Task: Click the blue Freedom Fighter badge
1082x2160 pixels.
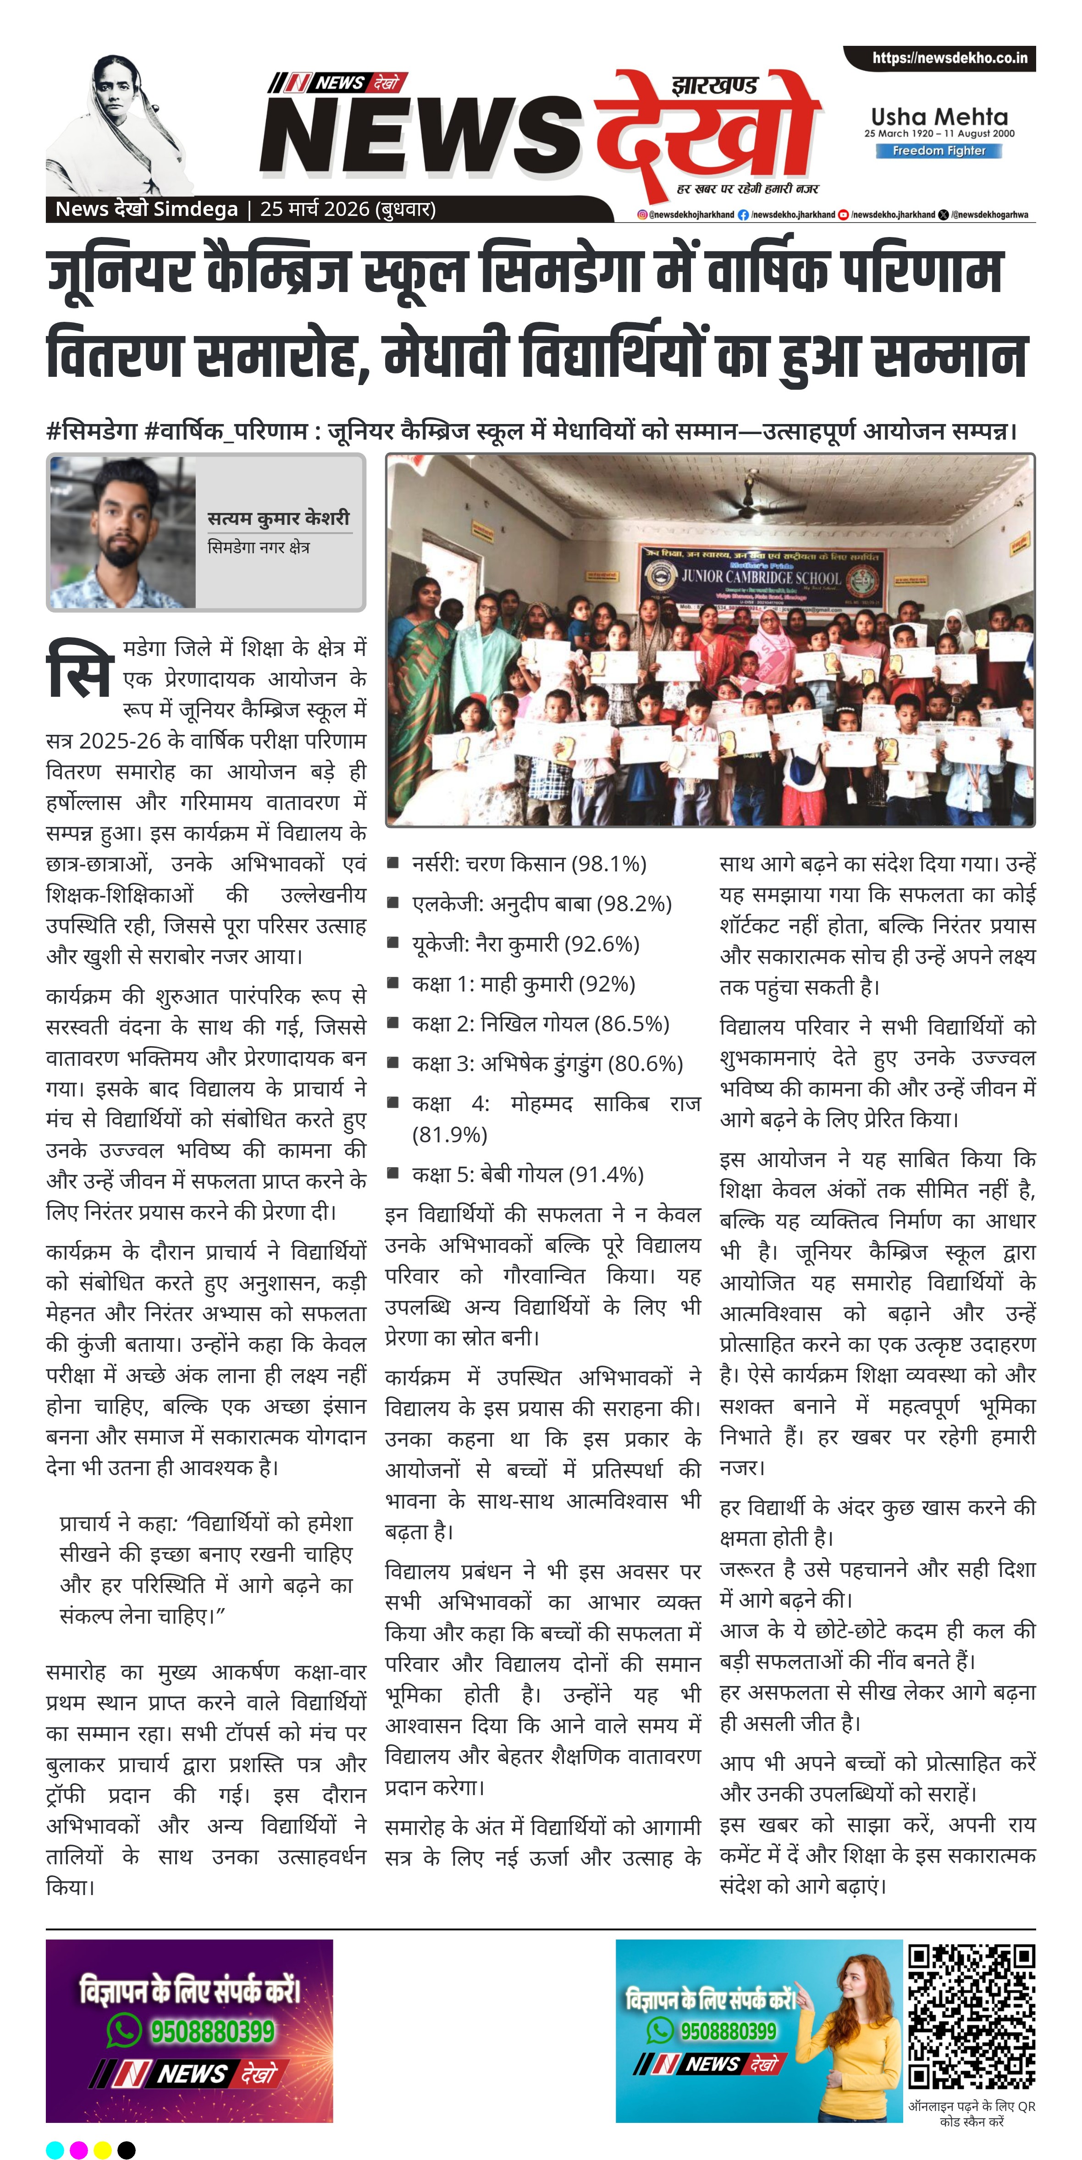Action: (x=938, y=151)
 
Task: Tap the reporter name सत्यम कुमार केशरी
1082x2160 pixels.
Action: (x=278, y=518)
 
